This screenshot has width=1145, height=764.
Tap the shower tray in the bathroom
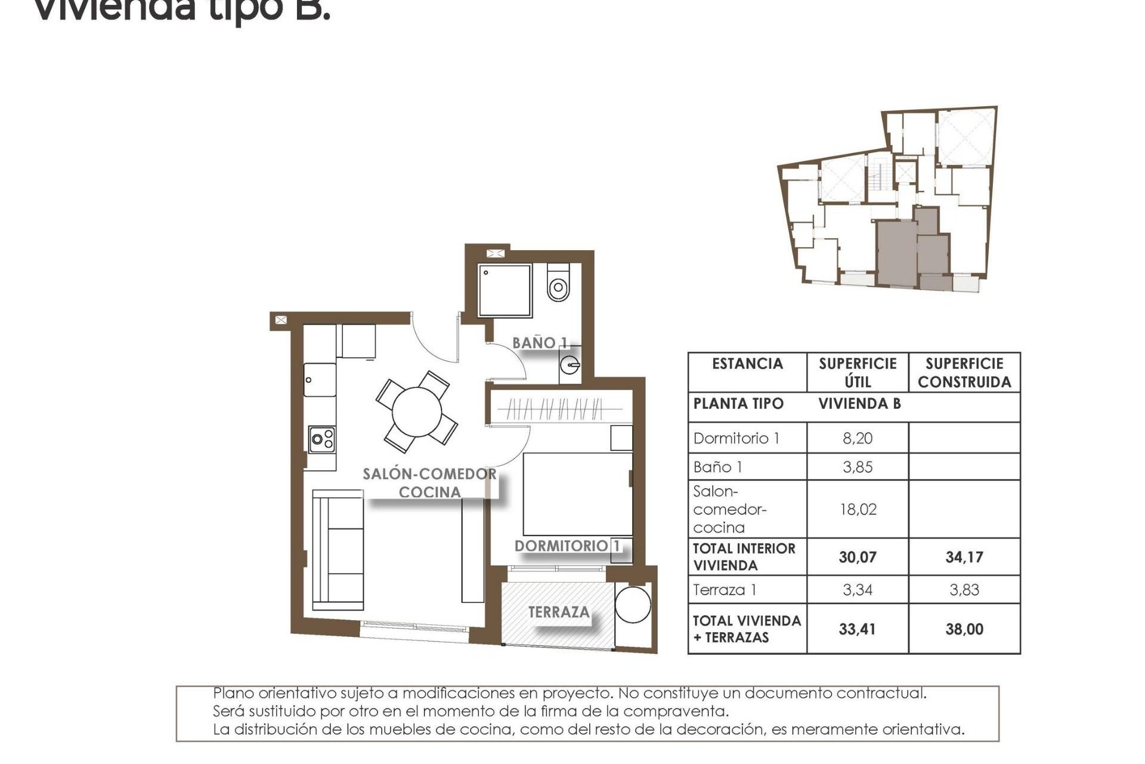(505, 290)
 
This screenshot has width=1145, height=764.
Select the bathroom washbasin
(571, 365)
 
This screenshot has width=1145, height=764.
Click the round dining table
(417, 412)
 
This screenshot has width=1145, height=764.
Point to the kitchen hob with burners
(321, 440)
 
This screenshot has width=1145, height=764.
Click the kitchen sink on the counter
(320, 380)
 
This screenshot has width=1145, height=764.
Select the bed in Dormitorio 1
(577, 494)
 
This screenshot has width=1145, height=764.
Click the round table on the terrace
(633, 605)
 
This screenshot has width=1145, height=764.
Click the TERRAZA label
(559, 612)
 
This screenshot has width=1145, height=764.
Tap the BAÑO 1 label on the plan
(540, 343)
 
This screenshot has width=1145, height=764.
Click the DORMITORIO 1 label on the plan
(567, 546)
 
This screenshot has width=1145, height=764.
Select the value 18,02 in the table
(857, 509)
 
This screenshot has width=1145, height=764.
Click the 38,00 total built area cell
(964, 629)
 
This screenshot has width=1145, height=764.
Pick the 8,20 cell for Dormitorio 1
(857, 438)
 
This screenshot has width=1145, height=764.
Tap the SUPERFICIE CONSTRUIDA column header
(964, 373)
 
